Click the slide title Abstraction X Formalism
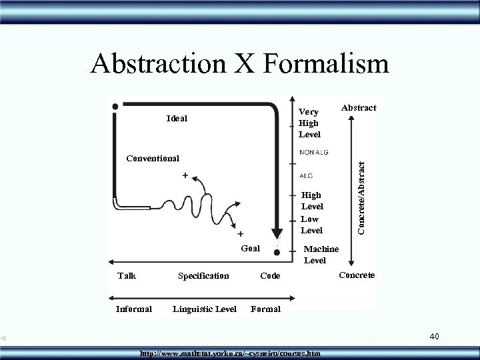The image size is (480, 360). click(239, 64)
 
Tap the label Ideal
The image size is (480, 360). click(177, 119)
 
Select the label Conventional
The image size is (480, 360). click(153, 159)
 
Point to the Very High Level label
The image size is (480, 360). click(309, 123)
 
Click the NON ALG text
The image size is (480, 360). click(314, 153)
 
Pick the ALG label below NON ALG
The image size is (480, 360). click(307, 176)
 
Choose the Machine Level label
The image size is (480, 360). click(321, 255)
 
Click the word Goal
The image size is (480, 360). click(251, 247)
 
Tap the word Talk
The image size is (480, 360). click(127, 275)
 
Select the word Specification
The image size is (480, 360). click(203, 275)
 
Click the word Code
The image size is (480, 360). click(271, 275)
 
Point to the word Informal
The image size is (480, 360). click(133, 309)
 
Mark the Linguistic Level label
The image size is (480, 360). click(204, 309)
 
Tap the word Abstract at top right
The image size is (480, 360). click(358, 107)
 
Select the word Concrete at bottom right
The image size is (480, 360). click(357, 275)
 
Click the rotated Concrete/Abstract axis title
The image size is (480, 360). click(361, 192)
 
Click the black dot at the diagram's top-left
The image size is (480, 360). click(117, 106)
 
